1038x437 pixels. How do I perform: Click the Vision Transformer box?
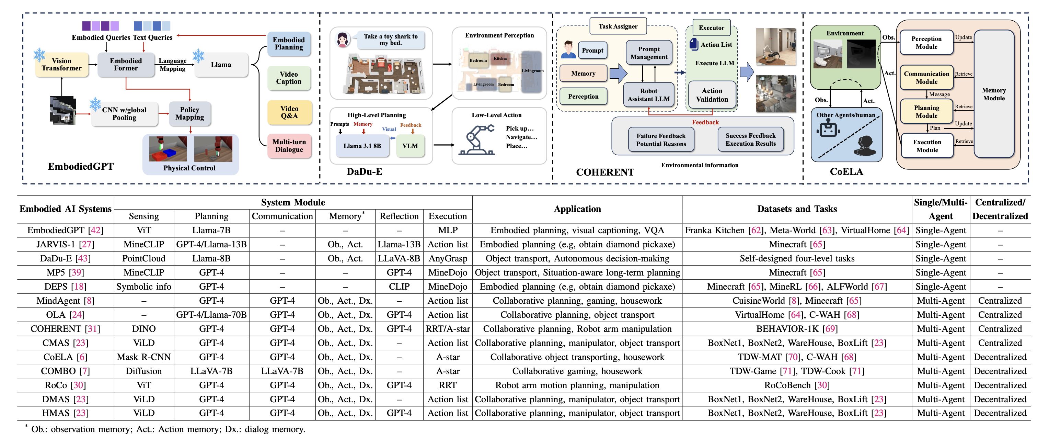62,65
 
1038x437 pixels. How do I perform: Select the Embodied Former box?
126,65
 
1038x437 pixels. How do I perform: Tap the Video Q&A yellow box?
289,112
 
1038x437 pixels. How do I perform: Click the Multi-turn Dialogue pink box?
289,146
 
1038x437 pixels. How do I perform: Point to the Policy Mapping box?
189,114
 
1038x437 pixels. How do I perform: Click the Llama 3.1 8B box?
362,146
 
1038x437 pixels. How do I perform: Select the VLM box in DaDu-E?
410,146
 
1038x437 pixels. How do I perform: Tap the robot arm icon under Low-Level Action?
477,140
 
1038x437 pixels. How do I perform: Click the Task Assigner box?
618,26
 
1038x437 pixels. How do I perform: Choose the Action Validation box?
712,95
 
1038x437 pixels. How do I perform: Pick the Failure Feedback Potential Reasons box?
661,139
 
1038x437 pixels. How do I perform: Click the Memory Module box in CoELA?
994,94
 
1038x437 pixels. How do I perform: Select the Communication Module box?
926,77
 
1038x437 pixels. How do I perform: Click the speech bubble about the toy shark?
391,40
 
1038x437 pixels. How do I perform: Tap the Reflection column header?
399,216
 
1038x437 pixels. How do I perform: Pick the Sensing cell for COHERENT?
143,329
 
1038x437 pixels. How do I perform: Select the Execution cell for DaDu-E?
448,258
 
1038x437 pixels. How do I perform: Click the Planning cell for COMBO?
211,371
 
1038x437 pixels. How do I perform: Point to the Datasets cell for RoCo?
797,385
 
